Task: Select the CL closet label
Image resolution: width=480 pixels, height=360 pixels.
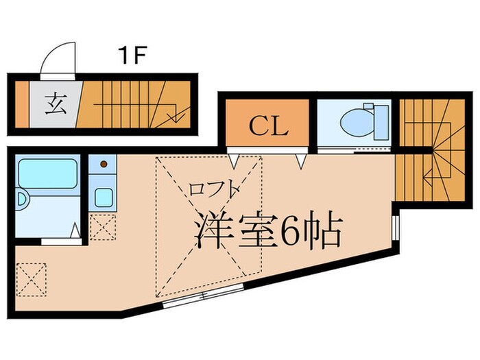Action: pyautogui.click(x=268, y=125)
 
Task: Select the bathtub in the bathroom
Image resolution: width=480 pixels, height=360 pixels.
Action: pyautogui.click(x=47, y=175)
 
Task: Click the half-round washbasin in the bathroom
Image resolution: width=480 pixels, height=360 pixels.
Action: pyautogui.click(x=21, y=201)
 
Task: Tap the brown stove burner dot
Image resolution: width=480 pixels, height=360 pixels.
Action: pyautogui.click(x=104, y=165)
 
